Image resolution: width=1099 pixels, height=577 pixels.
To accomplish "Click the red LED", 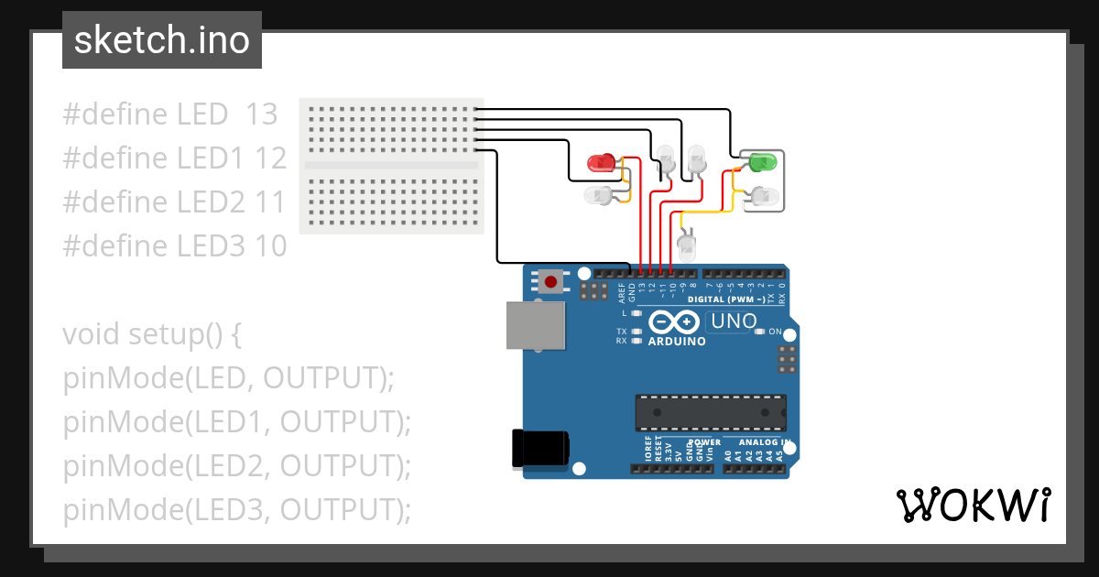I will coord(602,163).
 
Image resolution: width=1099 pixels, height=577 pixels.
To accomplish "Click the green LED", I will coord(762,162).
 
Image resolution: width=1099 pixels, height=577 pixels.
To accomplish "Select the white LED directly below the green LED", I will coord(764,195).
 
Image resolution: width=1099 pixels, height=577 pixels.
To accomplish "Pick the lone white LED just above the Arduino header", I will coord(687,245).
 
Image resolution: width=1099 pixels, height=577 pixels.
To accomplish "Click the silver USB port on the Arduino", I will coord(536,327).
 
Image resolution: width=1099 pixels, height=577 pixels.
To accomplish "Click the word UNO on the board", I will coord(735,321).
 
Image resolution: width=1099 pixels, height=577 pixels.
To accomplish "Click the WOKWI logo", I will coord(973,505).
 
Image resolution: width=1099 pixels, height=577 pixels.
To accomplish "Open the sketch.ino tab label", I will coord(161,40).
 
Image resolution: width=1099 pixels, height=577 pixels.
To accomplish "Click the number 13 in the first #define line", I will coord(261,114).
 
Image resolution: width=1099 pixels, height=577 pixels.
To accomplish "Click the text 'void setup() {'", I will coord(151,334).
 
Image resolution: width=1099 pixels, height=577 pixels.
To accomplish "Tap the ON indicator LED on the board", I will coord(758,332).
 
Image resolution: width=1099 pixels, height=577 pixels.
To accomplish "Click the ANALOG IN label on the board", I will coord(762,441).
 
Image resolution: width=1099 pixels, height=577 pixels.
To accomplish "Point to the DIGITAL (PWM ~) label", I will coord(725,299).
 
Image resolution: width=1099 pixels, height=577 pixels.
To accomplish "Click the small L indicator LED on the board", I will coord(637,313).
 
